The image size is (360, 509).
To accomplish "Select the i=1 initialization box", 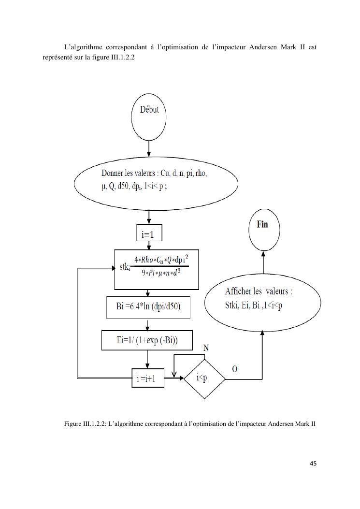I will (x=149, y=234).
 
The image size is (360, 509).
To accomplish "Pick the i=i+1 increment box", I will (x=148, y=378).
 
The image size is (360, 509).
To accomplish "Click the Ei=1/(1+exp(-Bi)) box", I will (x=147, y=340).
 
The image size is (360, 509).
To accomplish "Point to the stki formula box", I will (x=156, y=269).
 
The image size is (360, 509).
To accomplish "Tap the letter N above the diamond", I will (x=206, y=348).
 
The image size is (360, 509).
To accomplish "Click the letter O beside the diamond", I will (x=234, y=369).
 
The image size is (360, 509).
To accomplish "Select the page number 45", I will (x=313, y=464).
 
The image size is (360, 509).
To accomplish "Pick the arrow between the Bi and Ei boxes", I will (x=147, y=324).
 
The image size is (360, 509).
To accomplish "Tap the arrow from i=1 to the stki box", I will (x=149, y=245).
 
